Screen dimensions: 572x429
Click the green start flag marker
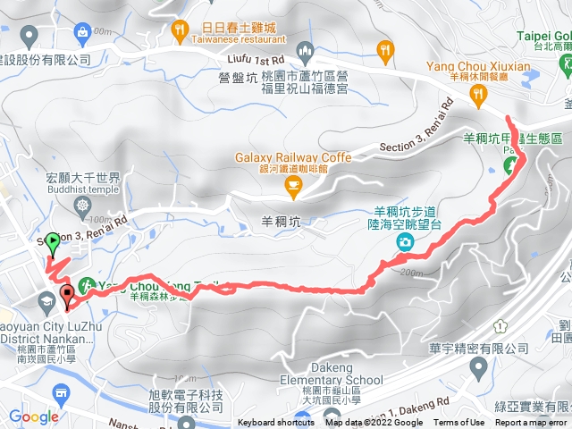click(x=53, y=241)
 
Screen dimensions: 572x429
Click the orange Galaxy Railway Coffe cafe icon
click(x=291, y=185)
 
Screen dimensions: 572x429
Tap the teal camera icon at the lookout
click(x=406, y=242)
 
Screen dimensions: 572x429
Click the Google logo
click(x=34, y=416)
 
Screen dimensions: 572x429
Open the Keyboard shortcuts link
click(x=276, y=423)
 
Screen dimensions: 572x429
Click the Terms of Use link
click(x=459, y=423)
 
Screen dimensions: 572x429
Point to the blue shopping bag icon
click(x=84, y=34)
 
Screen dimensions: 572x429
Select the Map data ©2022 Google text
click(x=373, y=423)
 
